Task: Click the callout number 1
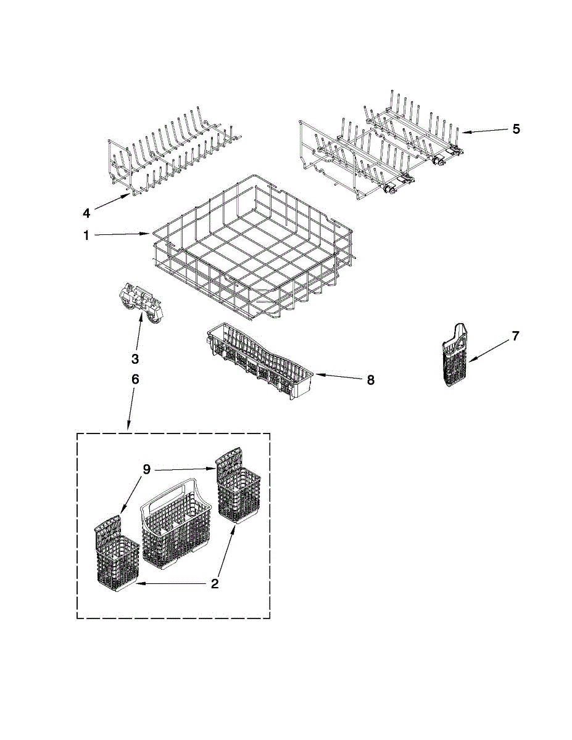click(x=87, y=236)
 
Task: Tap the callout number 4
click(x=87, y=213)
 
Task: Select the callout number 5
click(x=516, y=129)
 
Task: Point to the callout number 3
click(x=135, y=359)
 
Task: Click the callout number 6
click(x=135, y=379)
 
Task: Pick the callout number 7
click(x=515, y=336)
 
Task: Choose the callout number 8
click(x=370, y=380)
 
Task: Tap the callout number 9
click(x=146, y=469)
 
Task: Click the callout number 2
click(x=214, y=583)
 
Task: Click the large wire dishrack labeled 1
click(x=253, y=247)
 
